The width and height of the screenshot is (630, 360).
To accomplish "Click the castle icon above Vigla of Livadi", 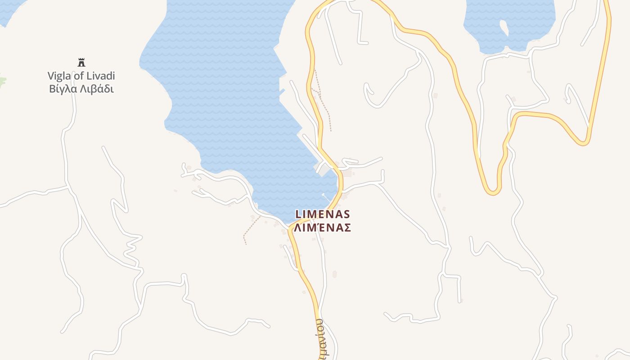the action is pyautogui.click(x=81, y=62).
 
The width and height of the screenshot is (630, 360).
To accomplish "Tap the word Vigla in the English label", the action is pyautogui.click(x=60, y=76).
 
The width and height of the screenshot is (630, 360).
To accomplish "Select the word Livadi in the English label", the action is pyautogui.click(x=101, y=76).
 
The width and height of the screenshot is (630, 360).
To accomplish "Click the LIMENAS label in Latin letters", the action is pyautogui.click(x=322, y=214).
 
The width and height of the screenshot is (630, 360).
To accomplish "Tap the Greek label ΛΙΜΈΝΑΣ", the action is pyautogui.click(x=322, y=228).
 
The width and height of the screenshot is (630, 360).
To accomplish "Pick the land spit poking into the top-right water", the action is pyautogui.click(x=504, y=28).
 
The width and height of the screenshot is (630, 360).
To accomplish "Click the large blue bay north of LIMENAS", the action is pyautogui.click(x=225, y=90).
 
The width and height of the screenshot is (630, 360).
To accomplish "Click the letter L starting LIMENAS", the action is pyautogui.click(x=298, y=214).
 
